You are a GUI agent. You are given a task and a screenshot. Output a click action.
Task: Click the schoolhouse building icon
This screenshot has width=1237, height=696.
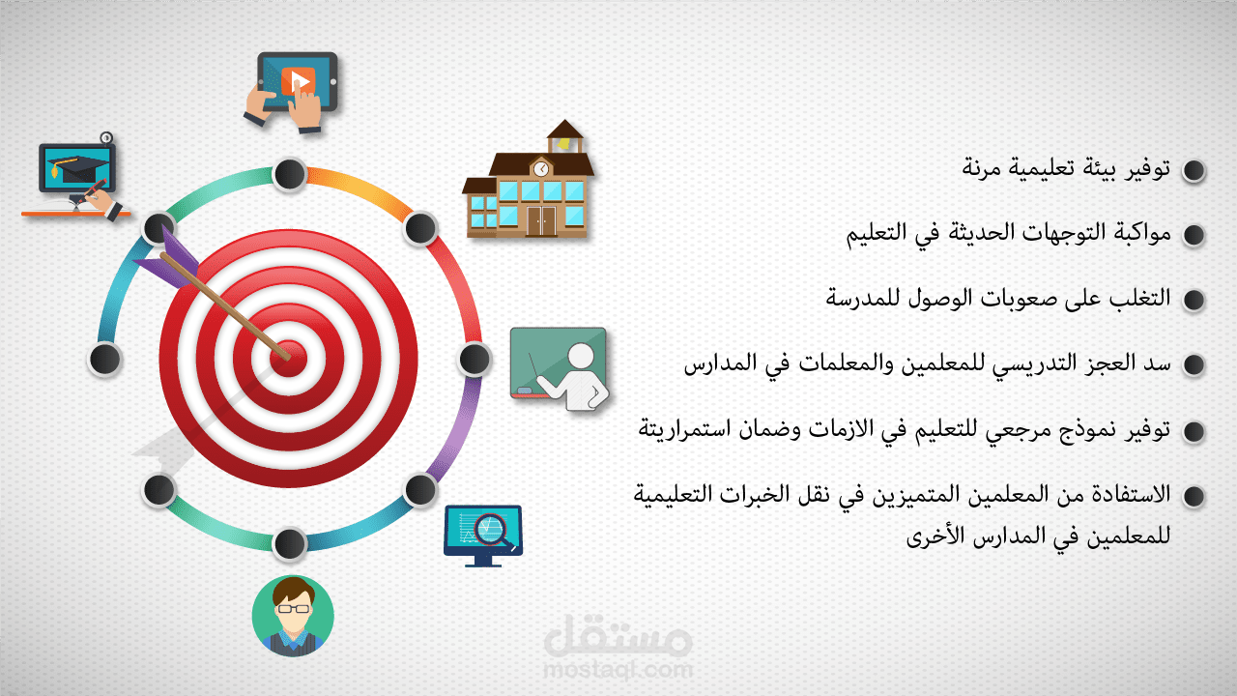click(528, 184)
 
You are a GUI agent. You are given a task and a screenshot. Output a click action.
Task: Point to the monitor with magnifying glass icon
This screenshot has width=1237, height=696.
click(482, 532)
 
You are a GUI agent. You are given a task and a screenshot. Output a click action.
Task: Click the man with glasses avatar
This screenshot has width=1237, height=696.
click(293, 615)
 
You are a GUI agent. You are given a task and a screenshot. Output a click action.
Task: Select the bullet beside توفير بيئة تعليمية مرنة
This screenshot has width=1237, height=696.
click(1194, 171)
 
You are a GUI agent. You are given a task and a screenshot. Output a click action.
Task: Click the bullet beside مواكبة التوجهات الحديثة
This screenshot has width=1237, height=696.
click(1194, 235)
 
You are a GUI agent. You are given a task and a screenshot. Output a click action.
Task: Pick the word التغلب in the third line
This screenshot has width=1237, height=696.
click(1141, 298)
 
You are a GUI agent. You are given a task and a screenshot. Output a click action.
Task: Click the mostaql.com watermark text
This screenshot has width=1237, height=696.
click(618, 668)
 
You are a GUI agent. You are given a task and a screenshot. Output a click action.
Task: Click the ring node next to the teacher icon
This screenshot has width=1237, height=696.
click(474, 359)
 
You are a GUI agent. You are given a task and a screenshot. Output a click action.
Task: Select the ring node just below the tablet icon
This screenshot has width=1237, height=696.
click(289, 174)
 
